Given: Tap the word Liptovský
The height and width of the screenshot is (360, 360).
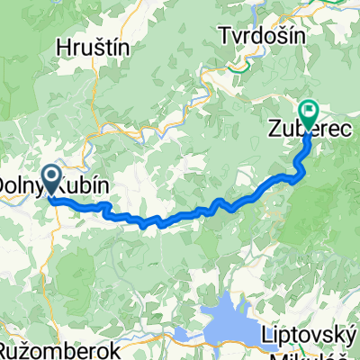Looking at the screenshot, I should [303, 334].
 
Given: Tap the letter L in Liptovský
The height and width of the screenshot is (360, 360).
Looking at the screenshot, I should [264, 334].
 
